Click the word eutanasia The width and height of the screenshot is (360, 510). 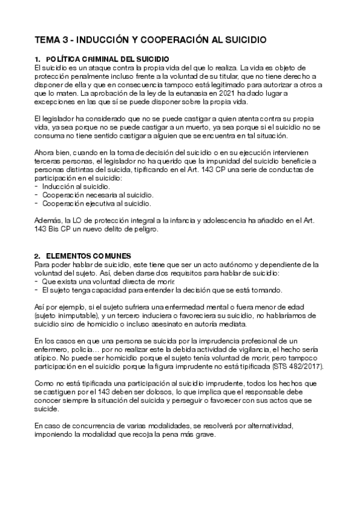190,93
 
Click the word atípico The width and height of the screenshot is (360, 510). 47,357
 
